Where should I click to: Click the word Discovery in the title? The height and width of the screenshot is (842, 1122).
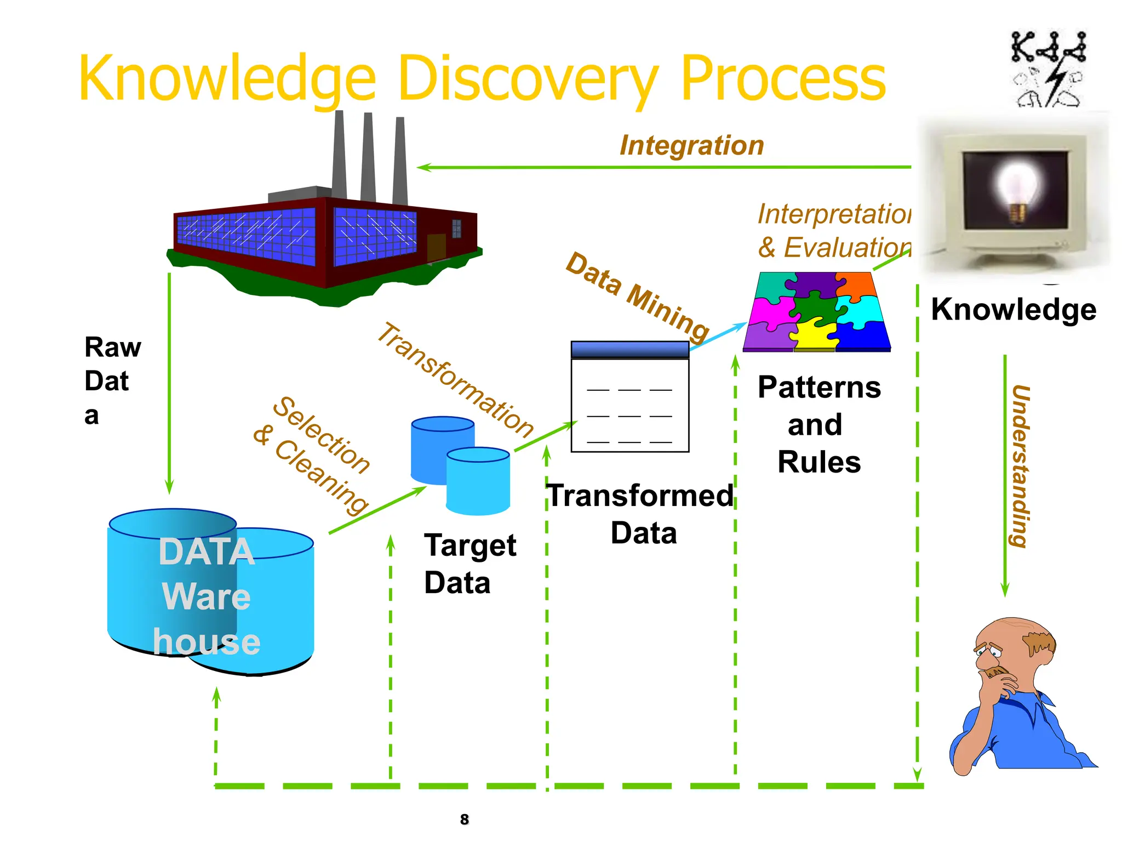(x=529, y=79)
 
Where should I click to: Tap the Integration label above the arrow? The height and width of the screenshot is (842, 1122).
(x=691, y=146)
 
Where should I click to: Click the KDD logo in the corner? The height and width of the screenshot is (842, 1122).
(x=1048, y=69)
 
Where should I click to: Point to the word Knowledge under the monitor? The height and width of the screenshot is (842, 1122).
(x=1014, y=310)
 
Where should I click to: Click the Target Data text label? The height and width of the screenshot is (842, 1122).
(x=470, y=564)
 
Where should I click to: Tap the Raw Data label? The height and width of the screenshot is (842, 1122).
(x=112, y=380)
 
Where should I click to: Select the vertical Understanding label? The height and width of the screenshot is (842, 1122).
(x=1021, y=466)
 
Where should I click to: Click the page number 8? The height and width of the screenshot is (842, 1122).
(x=465, y=820)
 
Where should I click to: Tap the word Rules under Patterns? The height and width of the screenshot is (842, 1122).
(x=819, y=462)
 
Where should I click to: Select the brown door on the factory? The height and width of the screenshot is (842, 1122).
(x=436, y=247)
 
